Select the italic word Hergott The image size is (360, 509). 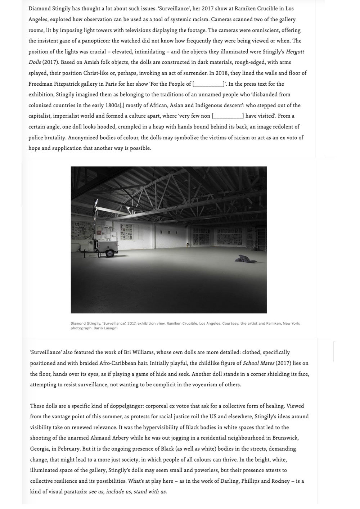point(295,52)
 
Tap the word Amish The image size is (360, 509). point(93,62)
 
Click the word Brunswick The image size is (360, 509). point(285,438)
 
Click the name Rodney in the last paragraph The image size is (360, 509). point(281,481)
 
